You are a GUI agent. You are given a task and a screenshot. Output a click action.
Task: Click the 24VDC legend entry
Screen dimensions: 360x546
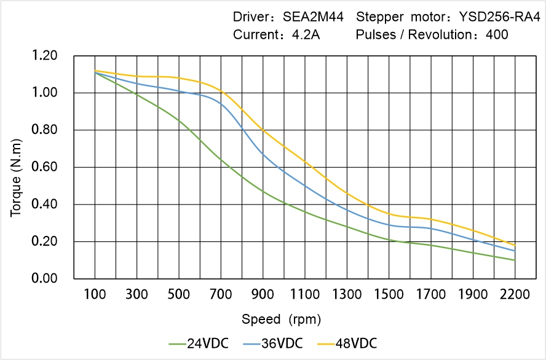198,343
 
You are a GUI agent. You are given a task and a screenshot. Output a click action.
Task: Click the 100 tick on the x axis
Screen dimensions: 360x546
95,294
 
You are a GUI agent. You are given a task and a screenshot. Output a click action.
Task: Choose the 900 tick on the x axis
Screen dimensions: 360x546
263,294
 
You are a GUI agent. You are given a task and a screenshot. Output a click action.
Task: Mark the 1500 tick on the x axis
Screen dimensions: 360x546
389,294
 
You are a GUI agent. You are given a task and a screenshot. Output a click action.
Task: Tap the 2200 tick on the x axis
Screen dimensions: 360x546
515,294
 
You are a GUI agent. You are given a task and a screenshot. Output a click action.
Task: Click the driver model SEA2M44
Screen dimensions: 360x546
314,17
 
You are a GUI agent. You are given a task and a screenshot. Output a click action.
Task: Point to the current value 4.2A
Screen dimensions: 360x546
305,35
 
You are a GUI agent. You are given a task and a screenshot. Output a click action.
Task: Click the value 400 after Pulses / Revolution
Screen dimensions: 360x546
497,35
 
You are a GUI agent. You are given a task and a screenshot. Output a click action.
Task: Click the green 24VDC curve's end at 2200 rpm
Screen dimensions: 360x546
515,260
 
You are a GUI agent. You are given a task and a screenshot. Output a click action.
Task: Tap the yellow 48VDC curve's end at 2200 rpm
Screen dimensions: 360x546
515,245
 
